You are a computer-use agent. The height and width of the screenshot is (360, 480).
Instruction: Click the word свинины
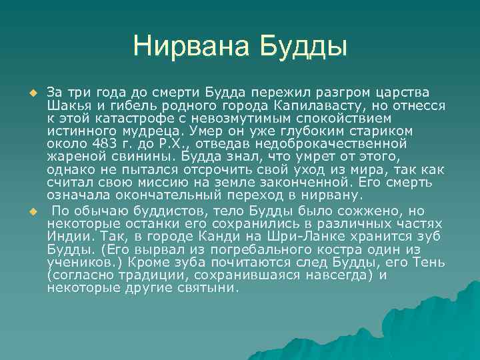click(128, 156)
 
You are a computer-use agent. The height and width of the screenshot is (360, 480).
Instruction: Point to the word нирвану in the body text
click(330, 195)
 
